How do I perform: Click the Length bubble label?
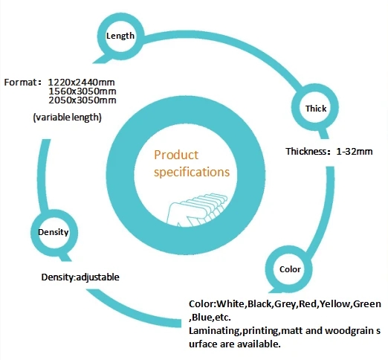[120, 36]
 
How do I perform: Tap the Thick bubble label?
[316, 109]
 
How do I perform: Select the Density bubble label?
[54, 232]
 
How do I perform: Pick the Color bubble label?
[290, 269]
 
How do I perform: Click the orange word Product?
[176, 155]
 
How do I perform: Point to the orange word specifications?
[192, 173]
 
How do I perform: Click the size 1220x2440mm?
[81, 83]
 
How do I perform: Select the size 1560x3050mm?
[83, 91]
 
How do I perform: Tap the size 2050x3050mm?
[83, 100]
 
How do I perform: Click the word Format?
[20, 83]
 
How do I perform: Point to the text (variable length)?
[68, 118]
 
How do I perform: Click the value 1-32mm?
[355, 152]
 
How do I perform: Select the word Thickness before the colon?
[305, 151]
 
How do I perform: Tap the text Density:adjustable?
[80, 277]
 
